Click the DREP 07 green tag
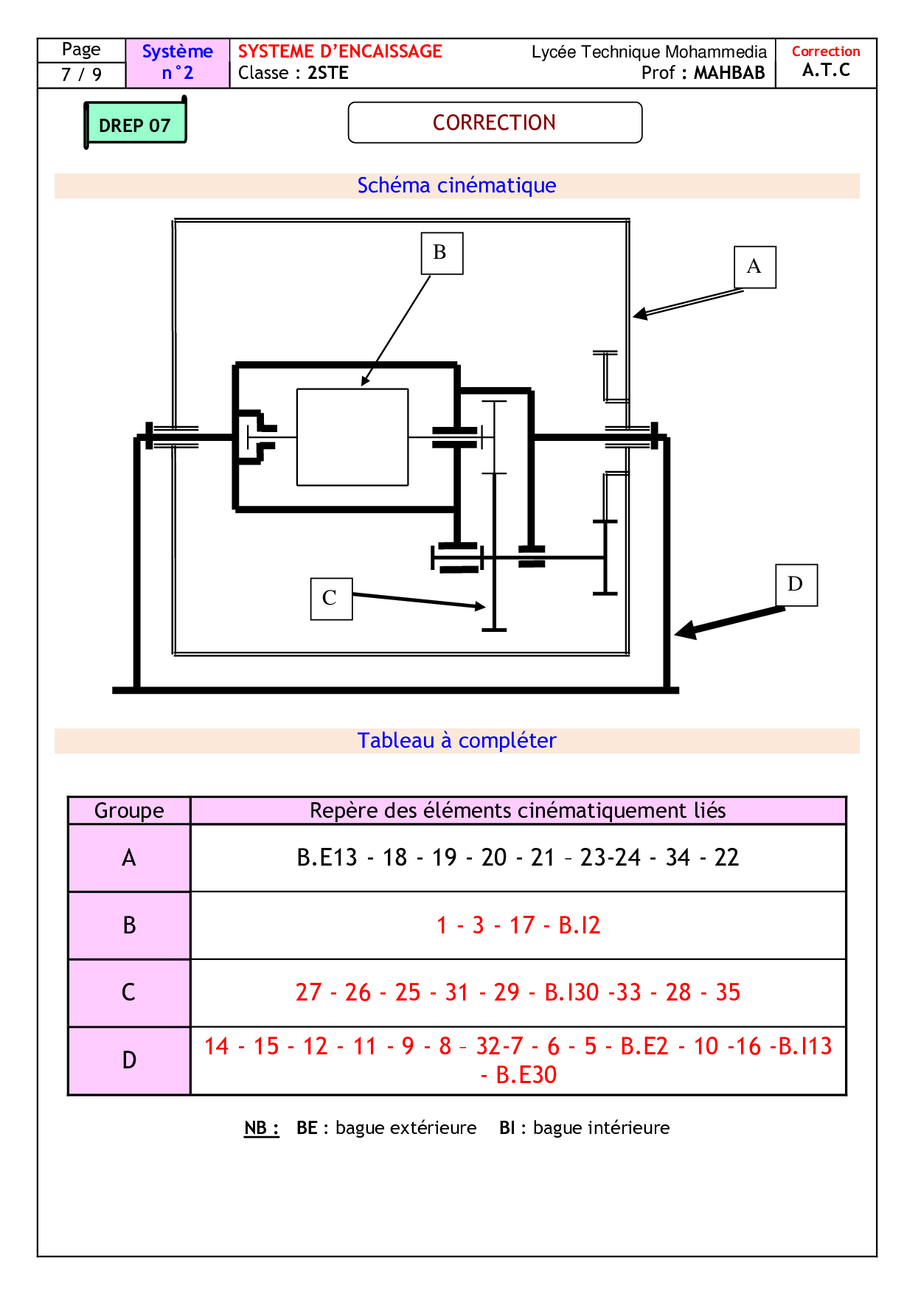135,124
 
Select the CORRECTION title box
494,122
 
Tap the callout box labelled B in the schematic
441,253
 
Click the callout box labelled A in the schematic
754,266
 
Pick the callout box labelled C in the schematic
330,598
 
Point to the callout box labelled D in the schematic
796,585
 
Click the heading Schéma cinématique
456,185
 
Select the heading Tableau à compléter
456,740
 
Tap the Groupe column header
129,810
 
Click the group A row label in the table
129,858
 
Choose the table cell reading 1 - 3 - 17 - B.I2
518,925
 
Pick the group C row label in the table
129,992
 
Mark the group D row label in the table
129,1060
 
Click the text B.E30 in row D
526,1075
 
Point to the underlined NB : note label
261,1128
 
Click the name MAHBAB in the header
729,73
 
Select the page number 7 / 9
81,74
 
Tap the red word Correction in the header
825,52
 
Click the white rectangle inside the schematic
352,437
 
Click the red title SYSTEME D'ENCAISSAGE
340,52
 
